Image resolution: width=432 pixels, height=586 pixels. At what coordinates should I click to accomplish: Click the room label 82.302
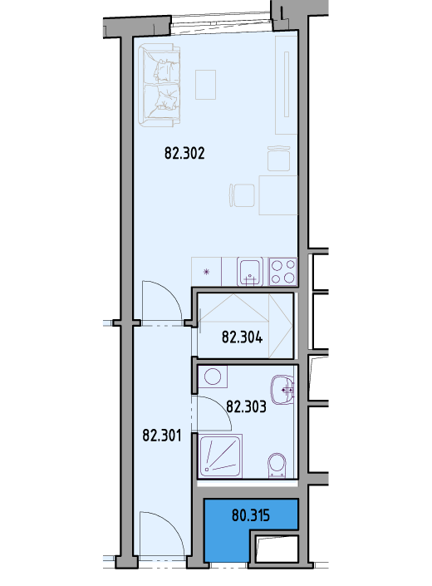coord(184,153)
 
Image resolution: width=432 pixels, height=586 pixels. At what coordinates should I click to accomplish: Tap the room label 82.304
coord(242,337)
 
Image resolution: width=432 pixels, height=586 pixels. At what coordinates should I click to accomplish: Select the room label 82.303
coord(246,406)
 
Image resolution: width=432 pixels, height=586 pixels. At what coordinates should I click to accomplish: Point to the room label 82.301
coord(162,436)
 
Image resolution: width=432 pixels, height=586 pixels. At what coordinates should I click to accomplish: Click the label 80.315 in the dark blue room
coord(251,515)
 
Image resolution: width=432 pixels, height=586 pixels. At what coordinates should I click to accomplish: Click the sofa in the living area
coord(159,86)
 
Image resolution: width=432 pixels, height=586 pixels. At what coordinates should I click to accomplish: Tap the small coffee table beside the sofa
coord(206,85)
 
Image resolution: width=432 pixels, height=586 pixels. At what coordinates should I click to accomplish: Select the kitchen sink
coord(250,272)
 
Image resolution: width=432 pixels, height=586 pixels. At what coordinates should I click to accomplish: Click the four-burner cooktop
coord(282,272)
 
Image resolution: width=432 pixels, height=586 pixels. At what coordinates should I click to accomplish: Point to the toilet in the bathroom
coord(277,465)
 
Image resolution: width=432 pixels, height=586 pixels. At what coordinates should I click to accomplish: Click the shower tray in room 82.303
coord(221,456)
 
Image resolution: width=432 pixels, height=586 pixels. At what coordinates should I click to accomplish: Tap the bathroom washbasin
coord(282,390)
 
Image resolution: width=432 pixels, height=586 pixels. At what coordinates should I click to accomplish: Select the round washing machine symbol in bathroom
coord(213,377)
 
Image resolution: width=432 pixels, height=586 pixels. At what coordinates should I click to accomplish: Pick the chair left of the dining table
coord(242,195)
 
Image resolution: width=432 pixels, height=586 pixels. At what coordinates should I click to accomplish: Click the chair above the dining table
coord(278,159)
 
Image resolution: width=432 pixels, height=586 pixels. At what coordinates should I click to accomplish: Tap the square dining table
coord(278,195)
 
